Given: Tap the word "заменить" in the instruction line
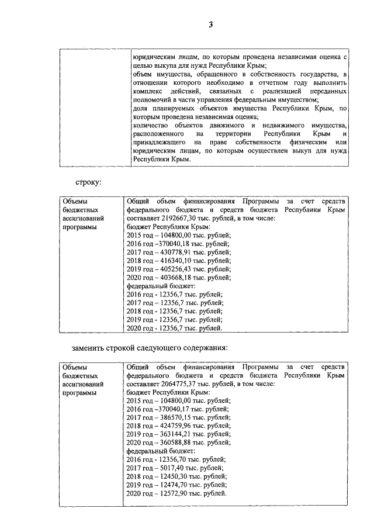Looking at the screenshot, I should (91, 348).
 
